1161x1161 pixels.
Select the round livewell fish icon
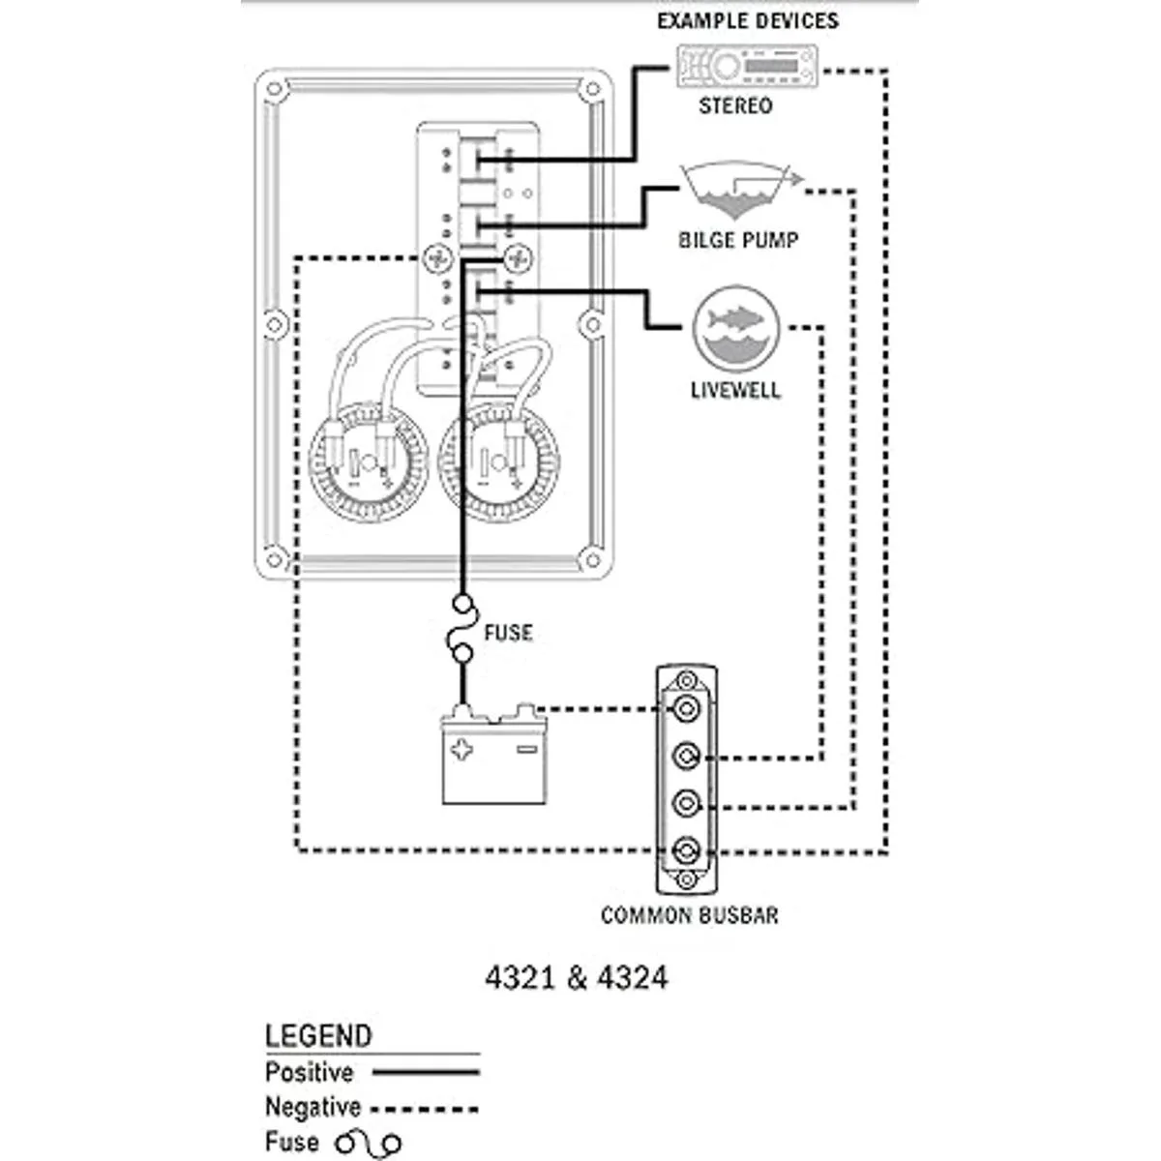[736, 329]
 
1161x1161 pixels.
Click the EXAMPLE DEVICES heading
[748, 21]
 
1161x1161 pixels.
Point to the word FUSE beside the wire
[508, 633]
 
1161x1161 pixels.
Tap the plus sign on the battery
[464, 749]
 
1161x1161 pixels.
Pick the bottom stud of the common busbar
[687, 851]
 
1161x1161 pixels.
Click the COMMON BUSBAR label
[689, 915]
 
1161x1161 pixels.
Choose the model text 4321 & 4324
[576, 978]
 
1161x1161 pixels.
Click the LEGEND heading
[318, 1036]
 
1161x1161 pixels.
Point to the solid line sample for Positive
[426, 1072]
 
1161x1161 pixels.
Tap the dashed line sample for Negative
[426, 1109]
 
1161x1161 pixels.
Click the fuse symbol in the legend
[368, 1144]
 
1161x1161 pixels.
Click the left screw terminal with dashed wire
[438, 258]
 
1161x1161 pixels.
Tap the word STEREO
[735, 105]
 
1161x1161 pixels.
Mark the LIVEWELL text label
[735, 391]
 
